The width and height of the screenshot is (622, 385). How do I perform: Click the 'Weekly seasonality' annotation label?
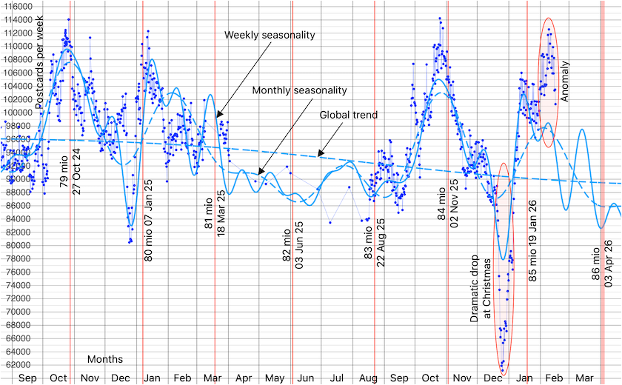270,35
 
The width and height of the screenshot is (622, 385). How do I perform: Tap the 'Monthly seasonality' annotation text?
299,90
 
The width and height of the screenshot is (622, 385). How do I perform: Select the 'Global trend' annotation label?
349,115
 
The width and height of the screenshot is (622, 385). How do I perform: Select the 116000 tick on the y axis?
16,6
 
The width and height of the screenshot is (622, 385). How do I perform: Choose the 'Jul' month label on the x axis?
337,378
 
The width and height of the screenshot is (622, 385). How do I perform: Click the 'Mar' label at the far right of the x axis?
584,378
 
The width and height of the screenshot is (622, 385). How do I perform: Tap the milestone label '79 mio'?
64,171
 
